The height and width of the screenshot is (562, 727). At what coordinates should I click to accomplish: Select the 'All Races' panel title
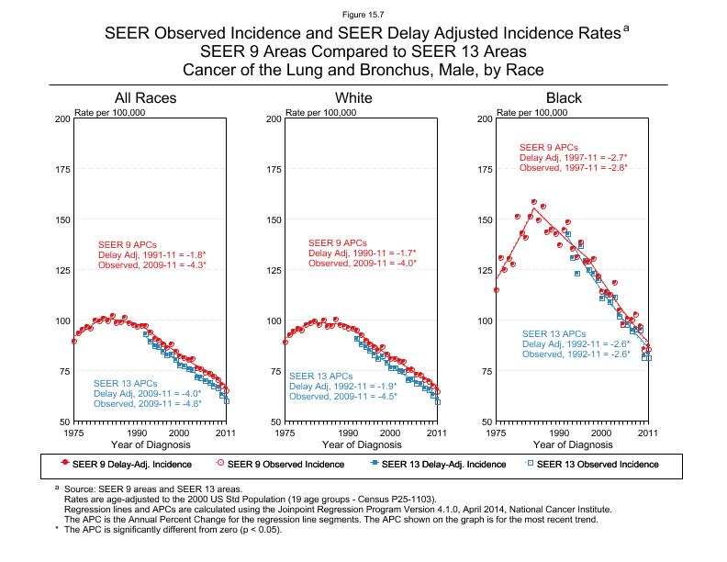coord(145,98)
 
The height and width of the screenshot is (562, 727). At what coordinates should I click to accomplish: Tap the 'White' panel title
coord(354,98)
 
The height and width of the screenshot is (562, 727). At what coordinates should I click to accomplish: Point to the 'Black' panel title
coord(564,98)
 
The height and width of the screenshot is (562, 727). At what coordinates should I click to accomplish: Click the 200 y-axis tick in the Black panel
coord(485,119)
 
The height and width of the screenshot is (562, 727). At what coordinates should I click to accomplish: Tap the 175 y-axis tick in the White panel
coord(274,170)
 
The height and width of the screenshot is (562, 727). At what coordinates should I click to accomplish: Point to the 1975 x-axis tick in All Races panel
coord(74,432)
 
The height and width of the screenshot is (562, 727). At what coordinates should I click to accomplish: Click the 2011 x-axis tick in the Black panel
coord(648,432)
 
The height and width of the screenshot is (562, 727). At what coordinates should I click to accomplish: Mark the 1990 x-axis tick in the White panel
coord(348,432)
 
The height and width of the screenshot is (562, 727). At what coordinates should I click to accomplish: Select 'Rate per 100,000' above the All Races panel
coord(110,112)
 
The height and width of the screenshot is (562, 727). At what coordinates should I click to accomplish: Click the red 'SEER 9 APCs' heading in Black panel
coord(548,147)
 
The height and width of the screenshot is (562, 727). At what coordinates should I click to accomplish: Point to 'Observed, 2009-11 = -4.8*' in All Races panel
coord(148,404)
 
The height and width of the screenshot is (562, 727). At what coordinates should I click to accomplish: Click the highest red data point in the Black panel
coord(533,202)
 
